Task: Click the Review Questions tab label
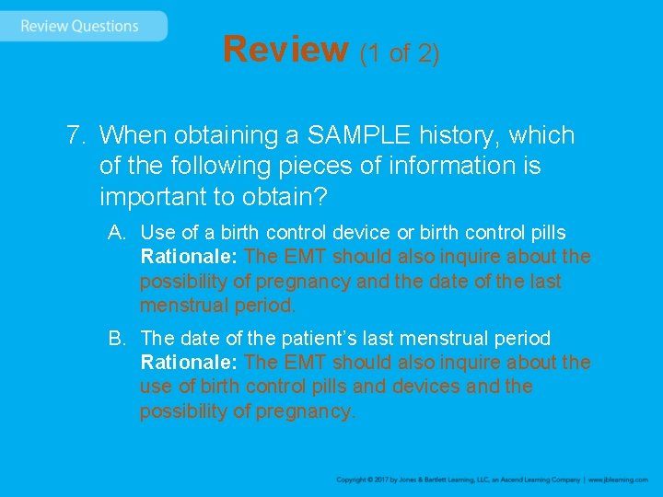[x=79, y=26]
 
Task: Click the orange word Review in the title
[x=285, y=50]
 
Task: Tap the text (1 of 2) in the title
[x=400, y=53]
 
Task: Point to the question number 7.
[x=76, y=135]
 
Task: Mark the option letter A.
[x=116, y=233]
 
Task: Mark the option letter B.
[x=116, y=339]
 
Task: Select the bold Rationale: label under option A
[x=190, y=257]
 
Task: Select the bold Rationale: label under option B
[x=190, y=363]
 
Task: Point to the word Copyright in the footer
[x=353, y=480]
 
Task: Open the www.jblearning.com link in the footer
[x=619, y=480]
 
